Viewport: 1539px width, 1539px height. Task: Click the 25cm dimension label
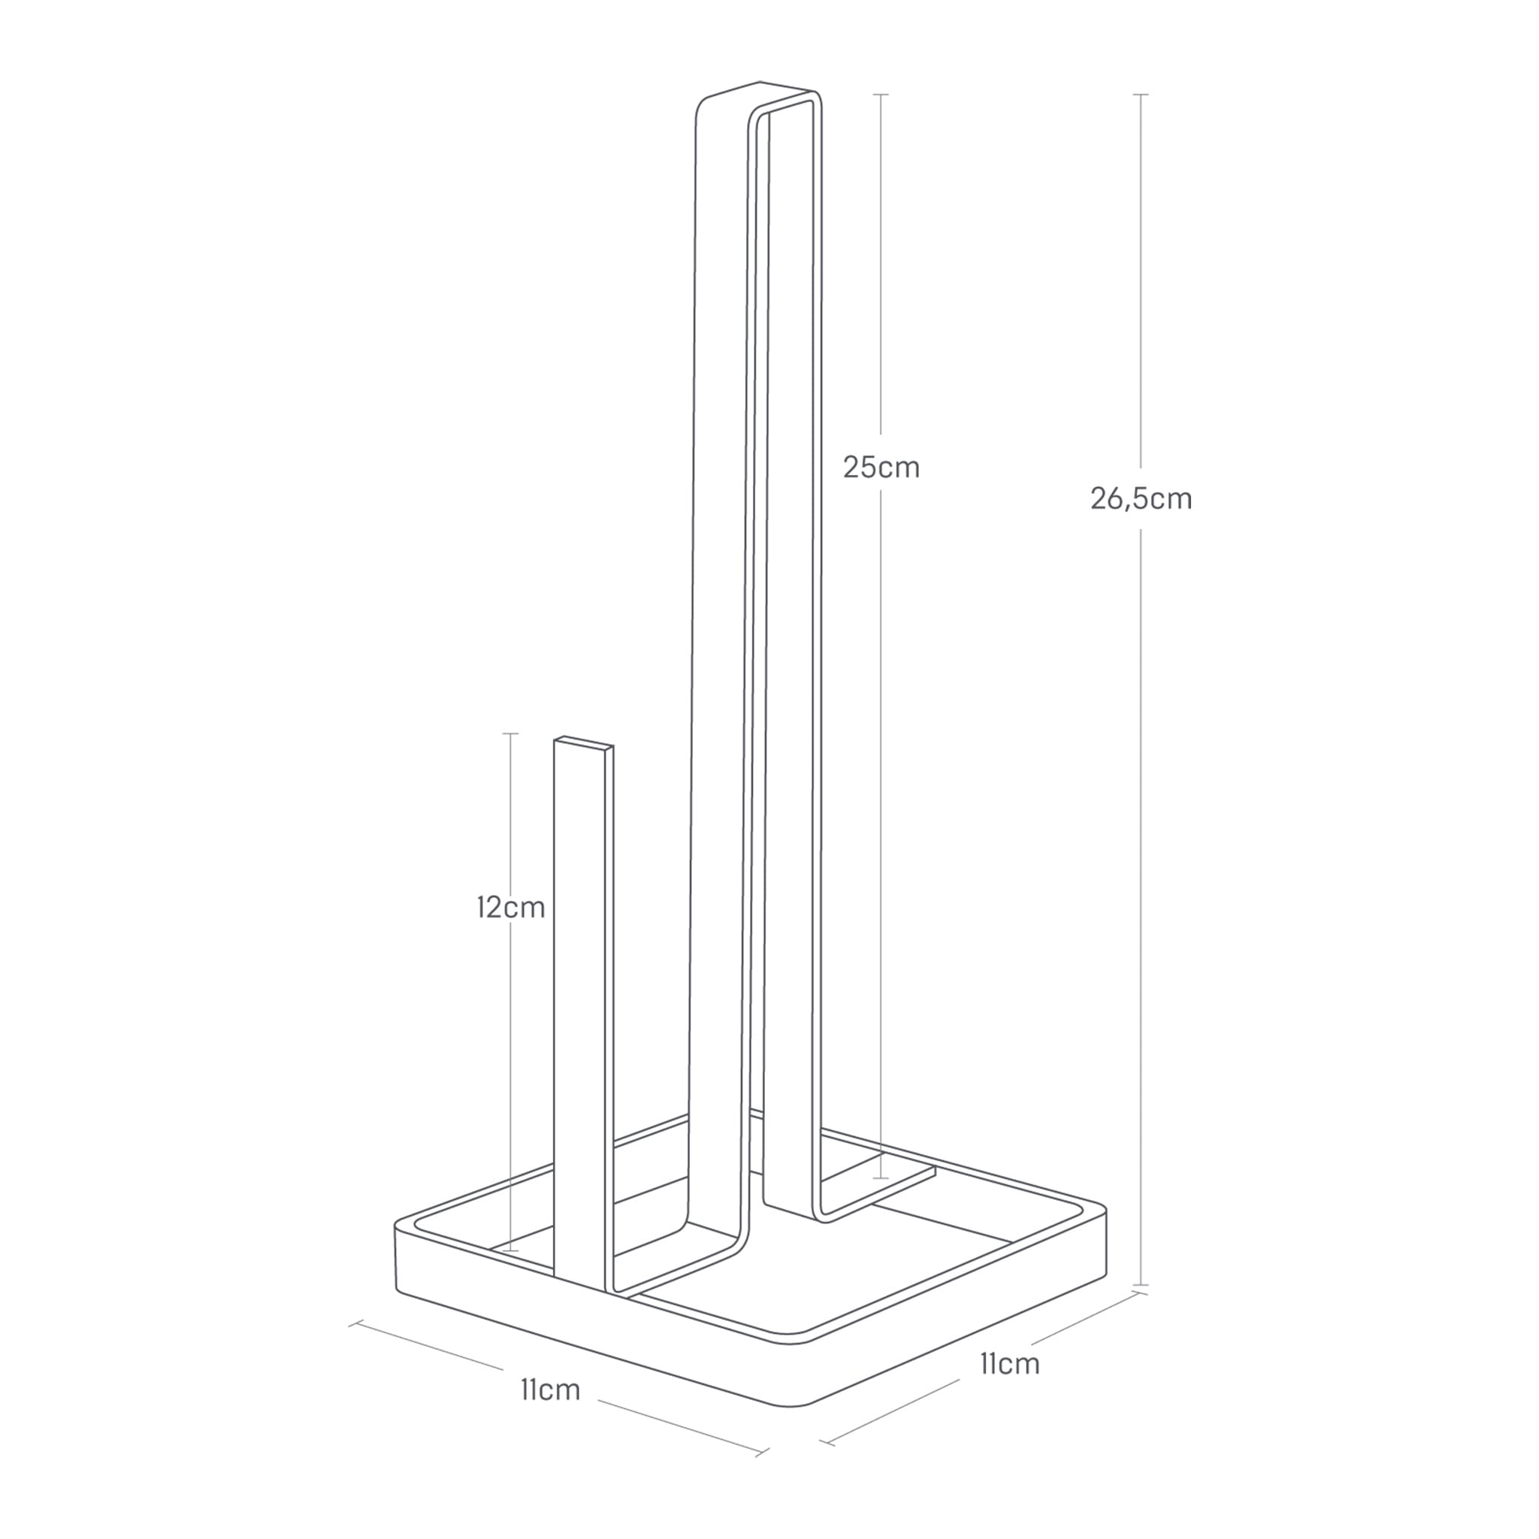click(881, 467)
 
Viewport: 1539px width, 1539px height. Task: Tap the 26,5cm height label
click(1141, 499)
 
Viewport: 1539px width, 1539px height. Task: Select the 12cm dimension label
click(510, 907)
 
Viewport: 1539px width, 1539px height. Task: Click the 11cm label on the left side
click(550, 1390)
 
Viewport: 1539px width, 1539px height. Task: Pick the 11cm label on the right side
click(1009, 1364)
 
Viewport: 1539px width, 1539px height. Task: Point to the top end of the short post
click(584, 743)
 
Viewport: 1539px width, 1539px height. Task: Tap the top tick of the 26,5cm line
click(1141, 95)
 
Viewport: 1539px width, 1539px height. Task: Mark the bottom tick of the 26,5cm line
click(1141, 1285)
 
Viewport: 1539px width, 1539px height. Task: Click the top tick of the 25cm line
click(880, 95)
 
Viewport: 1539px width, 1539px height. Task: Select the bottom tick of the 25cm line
click(880, 1178)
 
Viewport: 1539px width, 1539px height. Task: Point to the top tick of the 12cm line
click(510, 733)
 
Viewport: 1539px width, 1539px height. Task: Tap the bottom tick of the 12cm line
click(510, 1250)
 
